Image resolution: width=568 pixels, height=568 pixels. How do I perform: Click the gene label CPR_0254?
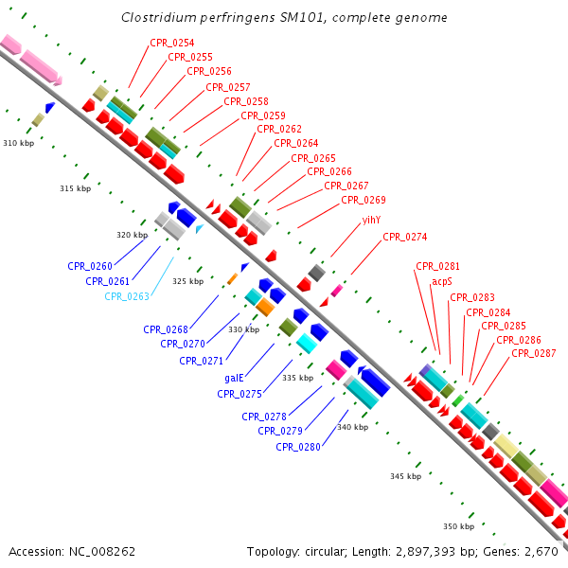tap(172, 43)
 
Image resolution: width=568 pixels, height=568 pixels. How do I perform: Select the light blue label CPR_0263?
tap(127, 296)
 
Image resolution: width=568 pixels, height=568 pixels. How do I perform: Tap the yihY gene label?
tap(371, 221)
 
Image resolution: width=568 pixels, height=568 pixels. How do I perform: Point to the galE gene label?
tap(234, 378)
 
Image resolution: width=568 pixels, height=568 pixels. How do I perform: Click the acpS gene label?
tap(442, 282)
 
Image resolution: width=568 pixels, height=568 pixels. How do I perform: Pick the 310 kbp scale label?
tap(19, 143)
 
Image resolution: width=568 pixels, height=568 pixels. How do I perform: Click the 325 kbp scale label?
tap(188, 281)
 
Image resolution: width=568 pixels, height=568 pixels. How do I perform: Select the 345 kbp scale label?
tap(406, 476)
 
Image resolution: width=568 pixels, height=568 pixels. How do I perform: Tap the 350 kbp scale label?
tap(459, 526)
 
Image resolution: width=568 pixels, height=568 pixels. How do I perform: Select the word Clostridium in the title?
tap(159, 17)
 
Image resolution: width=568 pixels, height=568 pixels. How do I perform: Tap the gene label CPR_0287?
tap(534, 353)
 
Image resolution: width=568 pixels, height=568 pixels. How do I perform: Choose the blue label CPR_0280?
tap(298, 447)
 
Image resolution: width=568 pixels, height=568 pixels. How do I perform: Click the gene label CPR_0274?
tap(405, 237)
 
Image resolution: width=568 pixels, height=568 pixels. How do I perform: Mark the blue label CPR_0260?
tap(90, 266)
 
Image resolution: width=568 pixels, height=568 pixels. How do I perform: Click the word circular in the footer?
tap(324, 552)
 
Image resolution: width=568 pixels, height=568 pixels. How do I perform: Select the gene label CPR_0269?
tap(364, 200)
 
